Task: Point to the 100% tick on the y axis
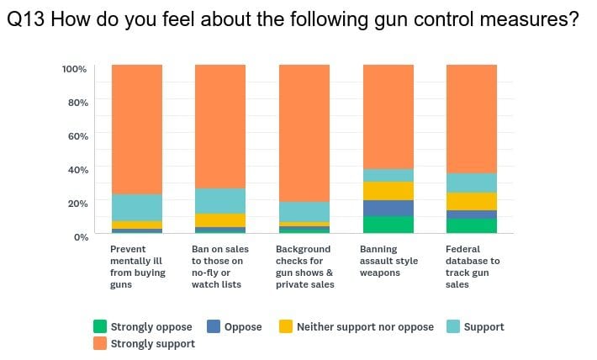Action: point(74,68)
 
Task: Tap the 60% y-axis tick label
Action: point(77,135)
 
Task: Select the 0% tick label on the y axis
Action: point(79,236)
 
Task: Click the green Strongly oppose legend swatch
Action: point(100,326)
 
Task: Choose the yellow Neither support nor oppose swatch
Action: point(285,326)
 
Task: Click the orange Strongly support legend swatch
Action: point(100,343)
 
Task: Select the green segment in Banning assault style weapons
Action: point(388,225)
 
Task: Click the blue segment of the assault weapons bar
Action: point(388,208)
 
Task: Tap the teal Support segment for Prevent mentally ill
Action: point(136,207)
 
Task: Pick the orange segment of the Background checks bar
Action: point(304,133)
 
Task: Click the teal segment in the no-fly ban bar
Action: point(220,200)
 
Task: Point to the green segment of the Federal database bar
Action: point(472,225)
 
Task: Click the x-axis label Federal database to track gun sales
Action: point(472,267)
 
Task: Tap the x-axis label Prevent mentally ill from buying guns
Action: point(138,267)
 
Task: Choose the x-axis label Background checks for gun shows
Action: point(304,267)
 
